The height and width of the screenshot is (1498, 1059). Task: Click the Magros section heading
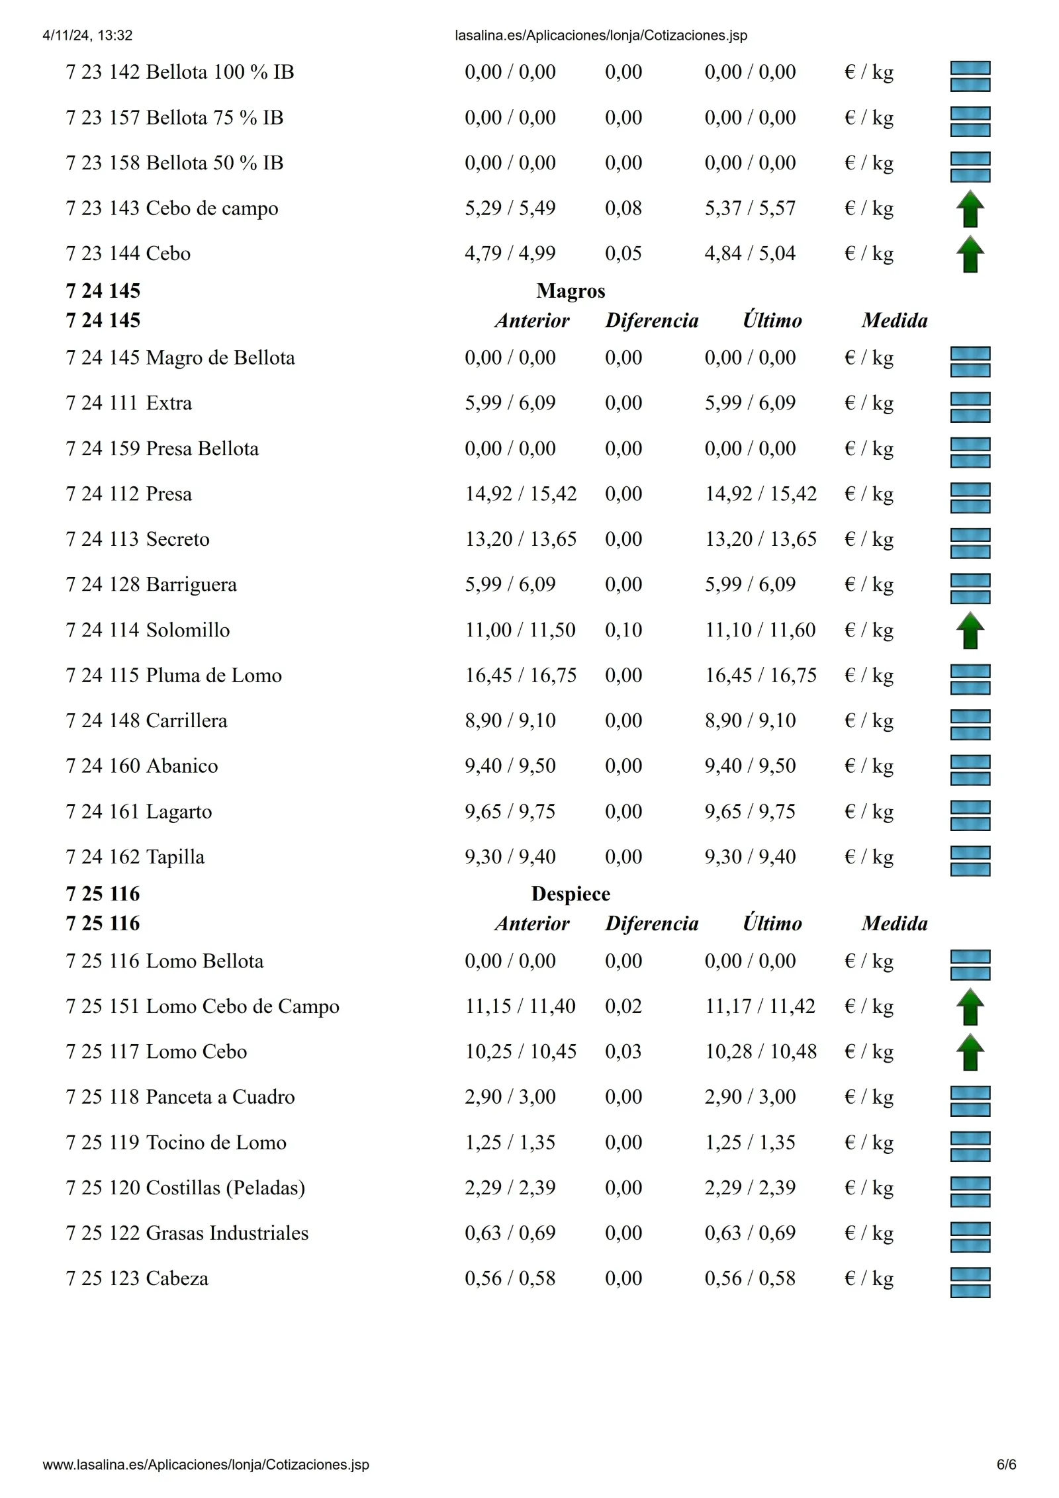point(571,291)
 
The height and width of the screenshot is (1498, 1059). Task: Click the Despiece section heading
point(571,894)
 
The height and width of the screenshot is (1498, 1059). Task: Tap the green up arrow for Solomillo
point(970,630)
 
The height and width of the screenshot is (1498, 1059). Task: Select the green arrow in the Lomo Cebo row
point(970,1052)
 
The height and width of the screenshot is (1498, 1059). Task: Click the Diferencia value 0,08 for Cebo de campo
point(623,208)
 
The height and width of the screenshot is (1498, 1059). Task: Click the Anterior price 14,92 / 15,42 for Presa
point(521,494)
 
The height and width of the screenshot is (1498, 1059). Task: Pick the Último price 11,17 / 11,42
point(760,1006)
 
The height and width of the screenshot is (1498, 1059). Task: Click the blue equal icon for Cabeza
point(970,1282)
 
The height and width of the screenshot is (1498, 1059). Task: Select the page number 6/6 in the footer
point(1006,1465)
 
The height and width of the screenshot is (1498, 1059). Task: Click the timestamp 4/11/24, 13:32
point(87,36)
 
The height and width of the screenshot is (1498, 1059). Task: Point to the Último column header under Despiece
point(772,924)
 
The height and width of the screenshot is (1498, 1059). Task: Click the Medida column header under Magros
point(894,321)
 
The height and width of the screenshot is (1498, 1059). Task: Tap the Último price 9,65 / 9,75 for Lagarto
point(750,812)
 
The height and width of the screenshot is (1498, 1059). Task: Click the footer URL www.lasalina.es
point(206,1465)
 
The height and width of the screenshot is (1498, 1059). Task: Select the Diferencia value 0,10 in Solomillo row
point(623,630)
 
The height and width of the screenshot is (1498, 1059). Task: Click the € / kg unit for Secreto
point(869,540)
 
